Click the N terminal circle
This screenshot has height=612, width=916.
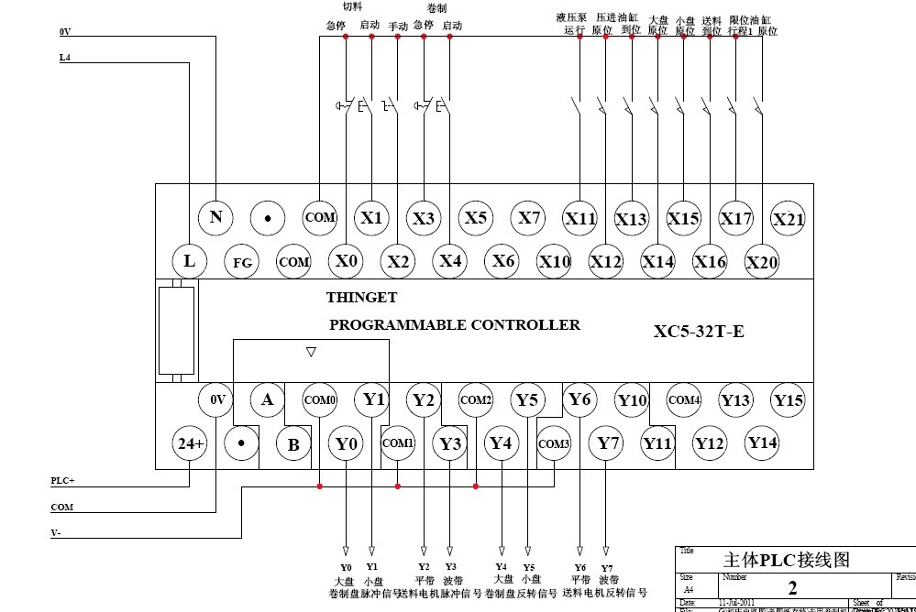coord(215,217)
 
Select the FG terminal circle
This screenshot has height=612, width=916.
coord(242,262)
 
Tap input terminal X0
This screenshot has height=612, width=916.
coord(346,261)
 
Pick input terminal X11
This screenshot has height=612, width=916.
coord(580,218)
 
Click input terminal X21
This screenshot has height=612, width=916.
coord(788,218)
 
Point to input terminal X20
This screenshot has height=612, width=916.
coord(762,262)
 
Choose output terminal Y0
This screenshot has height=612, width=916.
coord(346,443)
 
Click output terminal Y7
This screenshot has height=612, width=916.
coord(608,443)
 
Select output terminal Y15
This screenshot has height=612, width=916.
coord(788,399)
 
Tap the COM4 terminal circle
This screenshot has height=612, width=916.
coord(684,399)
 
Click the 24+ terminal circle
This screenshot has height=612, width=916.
coord(190,443)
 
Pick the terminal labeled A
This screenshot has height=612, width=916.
coord(268,399)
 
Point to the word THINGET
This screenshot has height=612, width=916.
coord(362,298)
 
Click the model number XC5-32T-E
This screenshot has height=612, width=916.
coord(699,332)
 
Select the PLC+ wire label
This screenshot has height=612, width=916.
coord(63,480)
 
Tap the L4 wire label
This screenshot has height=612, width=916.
coord(64,57)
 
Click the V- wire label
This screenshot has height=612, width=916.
coord(57,532)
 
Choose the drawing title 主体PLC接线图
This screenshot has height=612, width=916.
coord(787,560)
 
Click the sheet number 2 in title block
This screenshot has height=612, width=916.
coord(792,587)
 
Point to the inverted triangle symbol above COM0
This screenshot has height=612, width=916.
coord(311,351)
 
